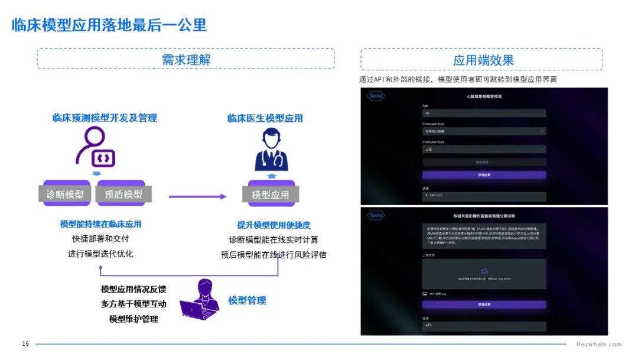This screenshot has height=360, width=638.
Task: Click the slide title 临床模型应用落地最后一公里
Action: [x=109, y=25]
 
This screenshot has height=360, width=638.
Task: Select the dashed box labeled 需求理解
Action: [x=185, y=60]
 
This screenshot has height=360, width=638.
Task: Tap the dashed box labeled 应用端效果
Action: [x=482, y=60]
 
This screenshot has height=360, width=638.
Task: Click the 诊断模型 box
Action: [x=65, y=194]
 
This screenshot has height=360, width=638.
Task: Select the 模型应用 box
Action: [x=271, y=194]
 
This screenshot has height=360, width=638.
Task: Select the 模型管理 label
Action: [x=247, y=300]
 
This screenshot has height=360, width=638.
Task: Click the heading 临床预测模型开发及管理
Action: [x=105, y=118]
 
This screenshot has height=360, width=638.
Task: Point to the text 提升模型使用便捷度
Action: [x=274, y=225]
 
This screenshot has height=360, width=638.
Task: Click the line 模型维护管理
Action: [x=134, y=319]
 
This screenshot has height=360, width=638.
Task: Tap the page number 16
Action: [x=25, y=344]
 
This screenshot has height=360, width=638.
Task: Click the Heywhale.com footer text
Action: [x=598, y=344]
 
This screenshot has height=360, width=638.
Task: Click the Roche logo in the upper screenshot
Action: [x=376, y=96]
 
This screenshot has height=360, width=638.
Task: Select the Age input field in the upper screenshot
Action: [x=484, y=113]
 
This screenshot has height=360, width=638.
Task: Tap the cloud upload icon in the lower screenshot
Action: [x=484, y=270]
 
